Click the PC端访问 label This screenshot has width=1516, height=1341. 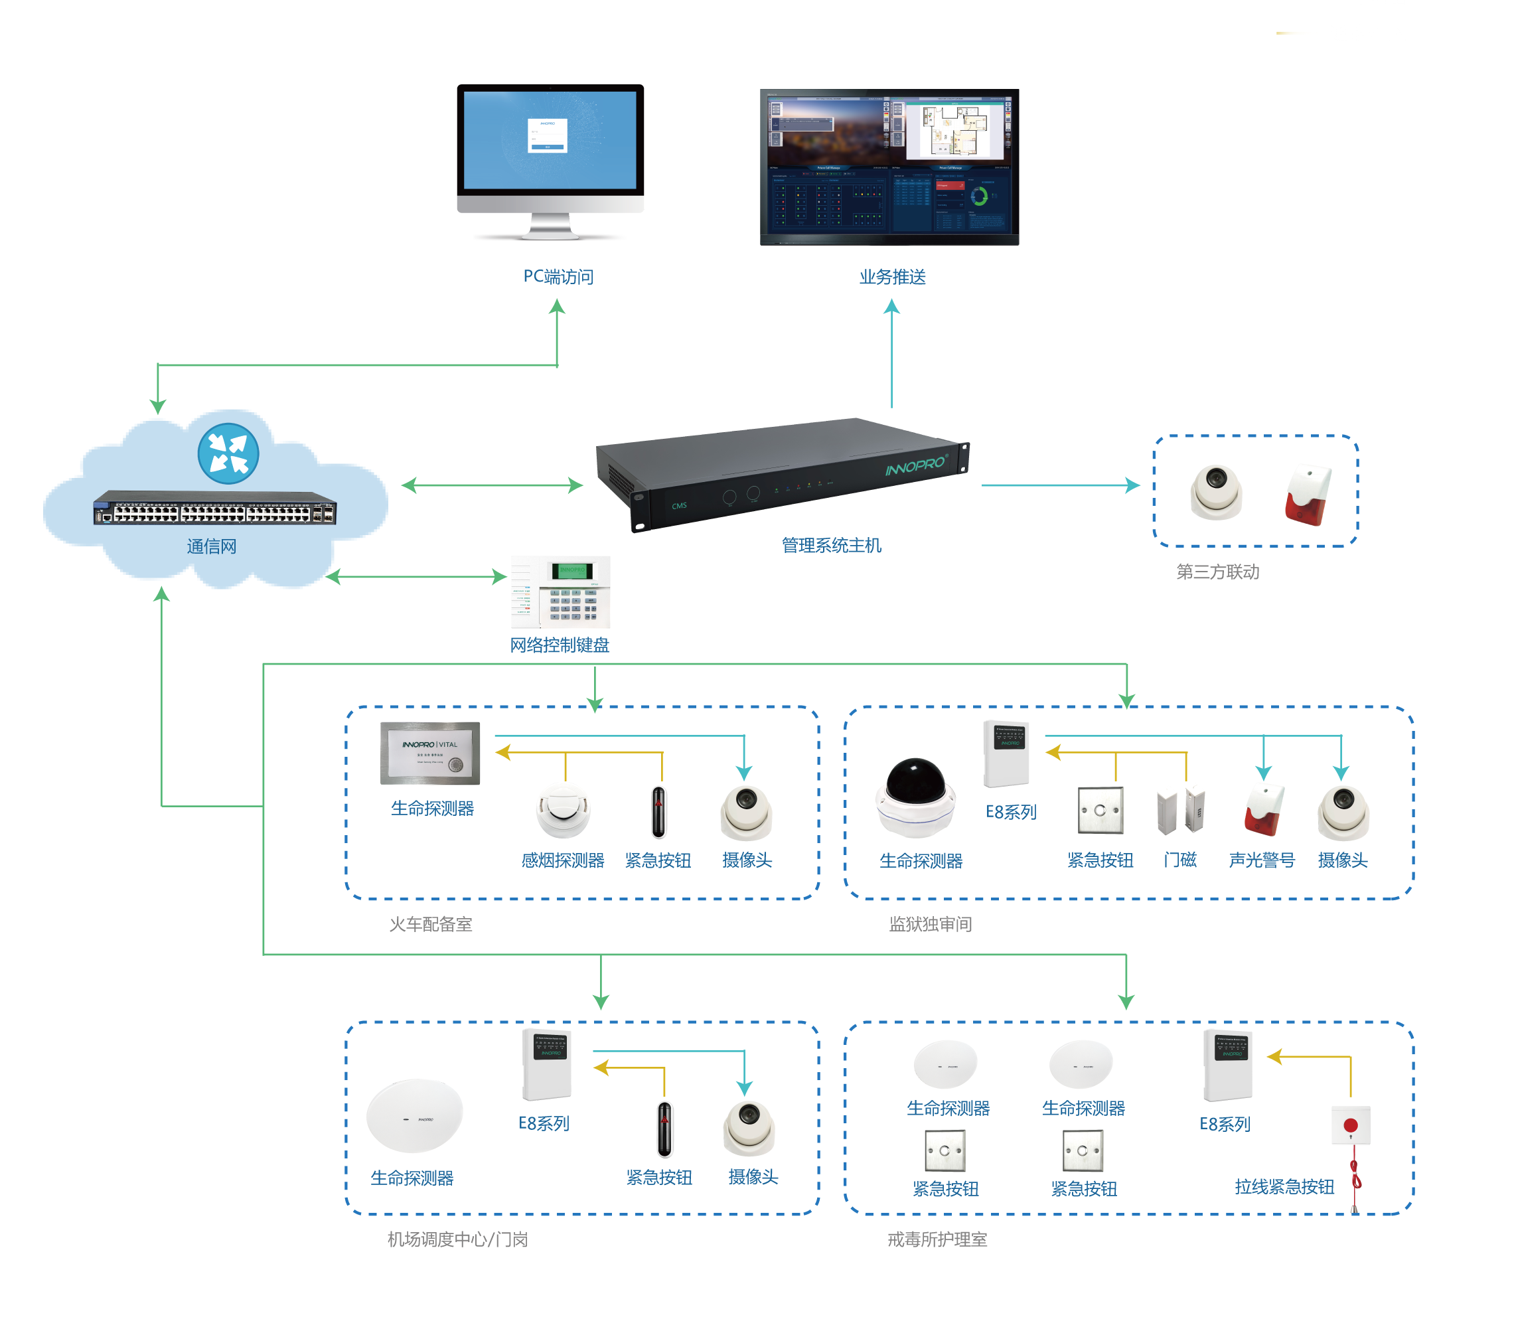tap(558, 277)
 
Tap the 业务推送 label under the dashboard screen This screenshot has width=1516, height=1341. tap(891, 277)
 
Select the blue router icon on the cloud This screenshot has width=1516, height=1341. tap(228, 453)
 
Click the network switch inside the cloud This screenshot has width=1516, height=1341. tap(214, 508)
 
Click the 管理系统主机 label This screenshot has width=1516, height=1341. tap(831, 545)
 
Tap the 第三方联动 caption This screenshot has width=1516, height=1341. tap(1217, 572)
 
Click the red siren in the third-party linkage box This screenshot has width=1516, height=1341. tap(1308, 495)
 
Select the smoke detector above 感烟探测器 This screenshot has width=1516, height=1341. tap(563, 810)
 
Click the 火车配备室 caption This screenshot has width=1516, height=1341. tap(430, 924)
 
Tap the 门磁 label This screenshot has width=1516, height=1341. tap(1179, 860)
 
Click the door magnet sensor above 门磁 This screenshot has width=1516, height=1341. tap(1180, 811)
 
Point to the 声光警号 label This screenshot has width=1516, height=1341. tap(1262, 860)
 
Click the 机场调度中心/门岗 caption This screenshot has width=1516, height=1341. tap(457, 1239)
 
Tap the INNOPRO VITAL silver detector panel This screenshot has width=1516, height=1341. tap(429, 753)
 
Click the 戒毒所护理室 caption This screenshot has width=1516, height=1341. tap(937, 1239)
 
